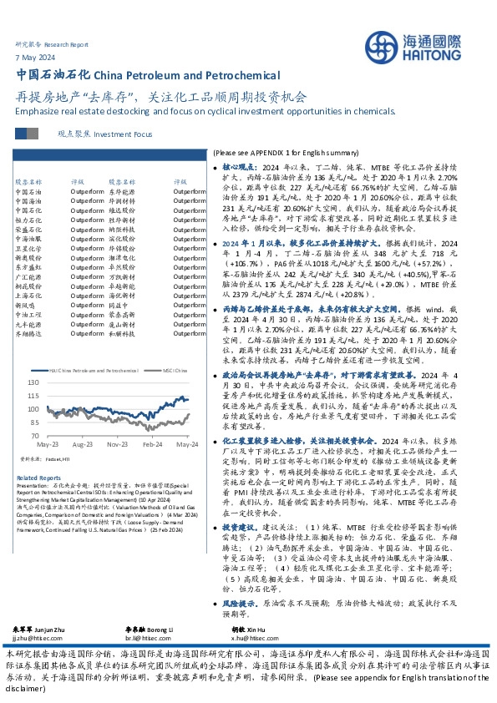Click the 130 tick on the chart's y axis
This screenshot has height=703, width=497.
tap(33, 382)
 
